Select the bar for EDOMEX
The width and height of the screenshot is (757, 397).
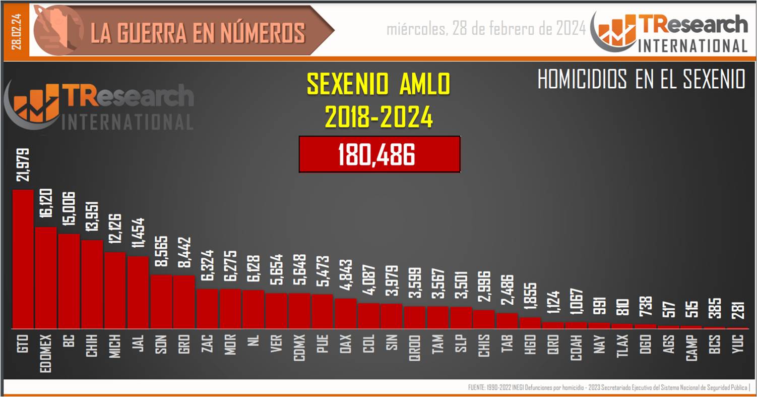pyautogui.click(x=46, y=277)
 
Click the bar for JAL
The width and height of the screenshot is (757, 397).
pyautogui.click(x=138, y=292)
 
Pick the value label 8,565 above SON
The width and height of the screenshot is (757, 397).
pyautogui.click(x=162, y=254)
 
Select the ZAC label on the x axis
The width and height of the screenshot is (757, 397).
pyautogui.click(x=207, y=345)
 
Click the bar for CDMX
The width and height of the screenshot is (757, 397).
pyautogui.click(x=299, y=310)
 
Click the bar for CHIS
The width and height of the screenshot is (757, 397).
pyautogui.click(x=484, y=319)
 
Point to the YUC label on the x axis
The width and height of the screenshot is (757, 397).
pyautogui.click(x=738, y=345)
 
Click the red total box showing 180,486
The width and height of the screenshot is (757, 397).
pyautogui.click(x=379, y=154)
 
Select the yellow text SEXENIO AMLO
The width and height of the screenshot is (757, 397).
pyautogui.click(x=379, y=84)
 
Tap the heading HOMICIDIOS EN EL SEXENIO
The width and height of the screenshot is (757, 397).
pyautogui.click(x=641, y=80)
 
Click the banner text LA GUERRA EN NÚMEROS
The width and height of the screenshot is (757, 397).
pyautogui.click(x=198, y=32)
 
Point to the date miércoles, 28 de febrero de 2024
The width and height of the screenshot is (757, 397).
pyautogui.click(x=486, y=29)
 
